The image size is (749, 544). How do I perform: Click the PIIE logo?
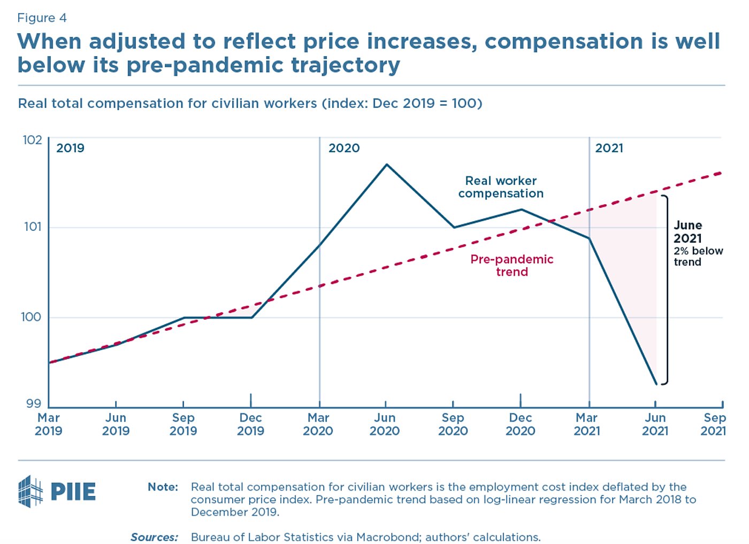pos(57,491)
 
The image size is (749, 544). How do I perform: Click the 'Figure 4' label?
pos(42,18)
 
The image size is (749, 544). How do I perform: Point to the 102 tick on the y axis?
pos(32,140)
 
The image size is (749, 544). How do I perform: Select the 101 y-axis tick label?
pos(33,227)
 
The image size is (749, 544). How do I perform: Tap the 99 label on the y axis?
pos(34,404)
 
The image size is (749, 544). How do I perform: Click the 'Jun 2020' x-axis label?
pos(385,424)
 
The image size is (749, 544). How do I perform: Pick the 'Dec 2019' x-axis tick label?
pos(250,424)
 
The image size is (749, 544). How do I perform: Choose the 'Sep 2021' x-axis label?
pos(714,424)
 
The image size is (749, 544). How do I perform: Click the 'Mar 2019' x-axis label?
pos(49,424)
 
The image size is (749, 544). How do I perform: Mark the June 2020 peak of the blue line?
pos(386,165)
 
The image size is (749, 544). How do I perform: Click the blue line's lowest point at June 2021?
pos(656,384)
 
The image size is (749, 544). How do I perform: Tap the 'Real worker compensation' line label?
pos(501,187)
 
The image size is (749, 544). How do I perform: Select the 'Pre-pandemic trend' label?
pos(511,266)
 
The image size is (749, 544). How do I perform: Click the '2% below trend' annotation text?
pos(698,257)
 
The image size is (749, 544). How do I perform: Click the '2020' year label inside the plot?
pos(344,148)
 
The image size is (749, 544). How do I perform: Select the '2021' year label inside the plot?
pos(609,148)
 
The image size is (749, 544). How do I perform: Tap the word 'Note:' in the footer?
pos(163,487)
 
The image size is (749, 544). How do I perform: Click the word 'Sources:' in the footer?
pos(154,537)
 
